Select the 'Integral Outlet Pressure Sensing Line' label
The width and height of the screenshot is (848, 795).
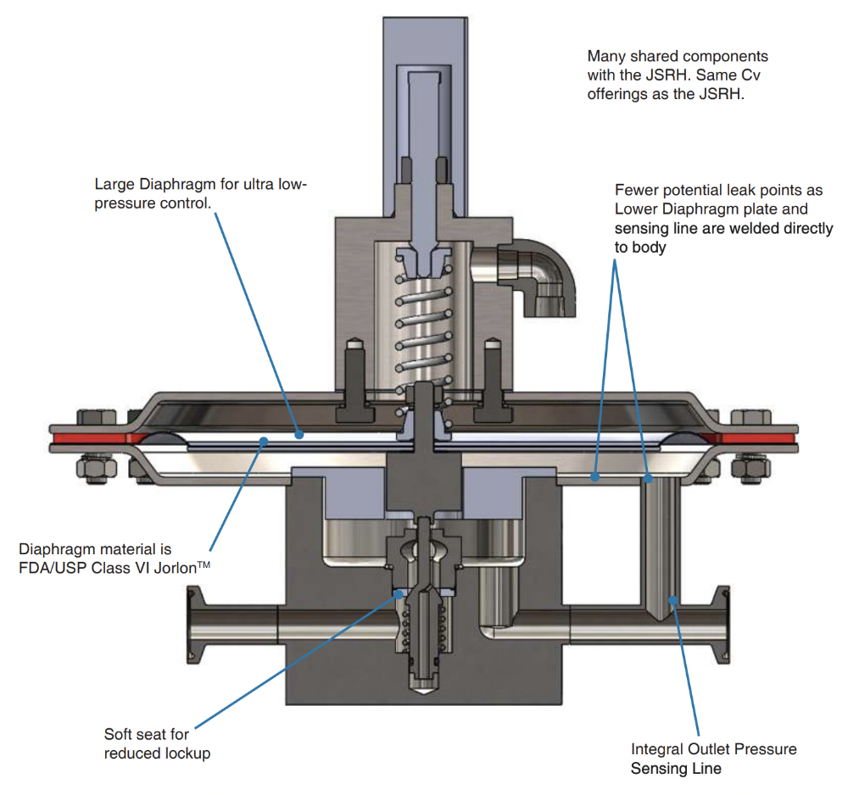[713, 759]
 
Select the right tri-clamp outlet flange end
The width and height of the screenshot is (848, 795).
[723, 624]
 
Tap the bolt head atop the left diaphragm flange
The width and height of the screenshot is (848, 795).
[92, 418]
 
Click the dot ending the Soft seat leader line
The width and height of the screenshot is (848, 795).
[401, 594]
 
